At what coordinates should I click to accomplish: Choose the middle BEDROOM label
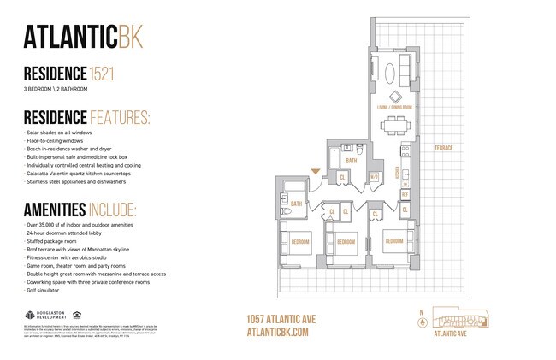346,242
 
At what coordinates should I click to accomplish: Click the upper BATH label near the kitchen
351,160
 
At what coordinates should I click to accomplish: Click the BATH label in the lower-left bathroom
296,204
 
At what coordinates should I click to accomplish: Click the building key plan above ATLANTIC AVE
457,321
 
